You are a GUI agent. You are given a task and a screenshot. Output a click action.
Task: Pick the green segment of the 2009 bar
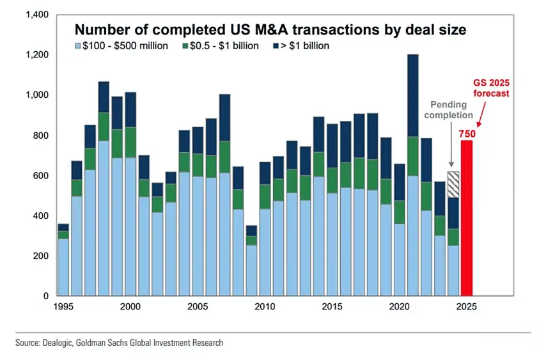click(251, 240)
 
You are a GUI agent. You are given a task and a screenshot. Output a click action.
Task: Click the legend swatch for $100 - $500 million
click(79, 47)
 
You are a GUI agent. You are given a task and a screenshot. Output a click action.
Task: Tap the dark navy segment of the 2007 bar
click(224, 118)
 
